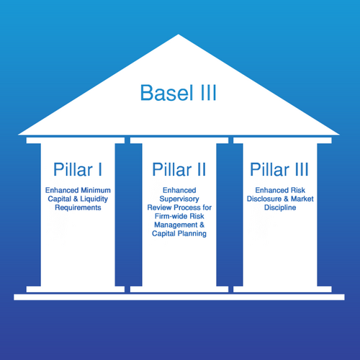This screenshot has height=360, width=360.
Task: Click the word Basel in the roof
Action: [166, 93]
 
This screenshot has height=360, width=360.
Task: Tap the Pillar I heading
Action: [78, 169]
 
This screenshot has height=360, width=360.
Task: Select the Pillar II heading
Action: [179, 169]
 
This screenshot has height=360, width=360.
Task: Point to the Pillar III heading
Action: [279, 169]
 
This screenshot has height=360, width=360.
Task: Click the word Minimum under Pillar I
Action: [96, 190]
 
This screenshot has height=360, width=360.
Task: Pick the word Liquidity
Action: [94, 199]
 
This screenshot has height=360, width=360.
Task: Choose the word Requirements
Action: [78, 207]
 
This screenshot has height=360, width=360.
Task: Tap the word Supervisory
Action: [179, 199]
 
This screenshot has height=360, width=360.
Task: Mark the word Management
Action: [176, 225]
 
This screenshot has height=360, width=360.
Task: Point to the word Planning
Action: [192, 233]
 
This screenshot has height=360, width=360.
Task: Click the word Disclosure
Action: [264, 199]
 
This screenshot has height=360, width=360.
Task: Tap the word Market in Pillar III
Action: [302, 199]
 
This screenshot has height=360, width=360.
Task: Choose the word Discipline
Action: [280, 207]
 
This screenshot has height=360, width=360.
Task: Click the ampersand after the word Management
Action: [202, 225]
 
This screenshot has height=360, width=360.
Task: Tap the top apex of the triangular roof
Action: [179, 35]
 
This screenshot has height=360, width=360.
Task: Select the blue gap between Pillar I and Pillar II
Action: [127, 215]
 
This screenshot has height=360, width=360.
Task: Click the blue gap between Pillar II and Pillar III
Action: [230, 215]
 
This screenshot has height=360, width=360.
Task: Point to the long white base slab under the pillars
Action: [179, 297]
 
